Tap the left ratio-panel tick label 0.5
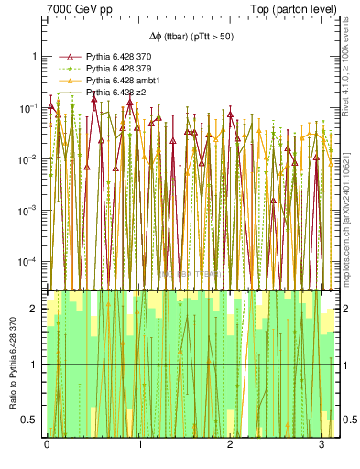click(x=29, y=420)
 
